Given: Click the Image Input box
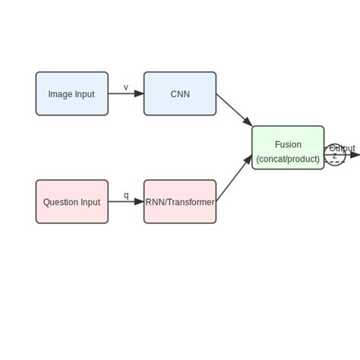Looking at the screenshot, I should (x=71, y=94).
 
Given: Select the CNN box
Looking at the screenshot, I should (x=180, y=94).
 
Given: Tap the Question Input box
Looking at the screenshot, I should (x=71, y=202).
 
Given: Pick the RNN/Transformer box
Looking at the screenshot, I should (x=180, y=202).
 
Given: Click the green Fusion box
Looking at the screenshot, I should (x=288, y=148).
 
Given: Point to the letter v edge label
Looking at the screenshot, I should (x=126, y=87).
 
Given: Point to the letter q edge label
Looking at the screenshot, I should (x=126, y=195).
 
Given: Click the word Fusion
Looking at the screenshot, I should (x=288, y=144).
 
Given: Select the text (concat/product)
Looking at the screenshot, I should (x=288, y=159).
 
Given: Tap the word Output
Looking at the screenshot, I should (x=342, y=148).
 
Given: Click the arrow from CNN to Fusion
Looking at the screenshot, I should (x=233, y=109).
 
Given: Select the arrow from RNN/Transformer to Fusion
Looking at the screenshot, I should (x=233, y=179).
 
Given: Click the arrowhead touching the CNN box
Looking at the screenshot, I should (x=139, y=94).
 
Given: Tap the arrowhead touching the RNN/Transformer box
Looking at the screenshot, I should (x=139, y=202).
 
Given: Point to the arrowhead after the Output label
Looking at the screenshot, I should (x=355, y=155).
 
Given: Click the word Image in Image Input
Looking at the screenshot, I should (x=60, y=94).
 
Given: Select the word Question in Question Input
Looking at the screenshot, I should (x=60, y=202).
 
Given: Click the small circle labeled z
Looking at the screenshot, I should (x=335, y=156).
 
